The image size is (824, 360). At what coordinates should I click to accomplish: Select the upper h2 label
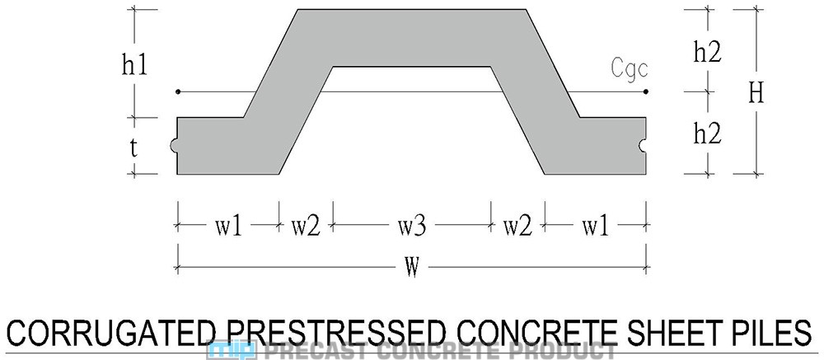(x=708, y=52)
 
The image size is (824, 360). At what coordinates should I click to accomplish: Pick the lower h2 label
(x=708, y=133)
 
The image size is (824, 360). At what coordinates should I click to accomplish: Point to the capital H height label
(x=756, y=93)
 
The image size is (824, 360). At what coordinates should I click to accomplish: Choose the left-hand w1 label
(x=225, y=226)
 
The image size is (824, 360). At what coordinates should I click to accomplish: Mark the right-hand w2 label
(x=517, y=226)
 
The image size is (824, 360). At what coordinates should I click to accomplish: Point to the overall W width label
(x=410, y=268)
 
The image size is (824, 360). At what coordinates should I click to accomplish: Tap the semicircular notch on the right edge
(x=644, y=147)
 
